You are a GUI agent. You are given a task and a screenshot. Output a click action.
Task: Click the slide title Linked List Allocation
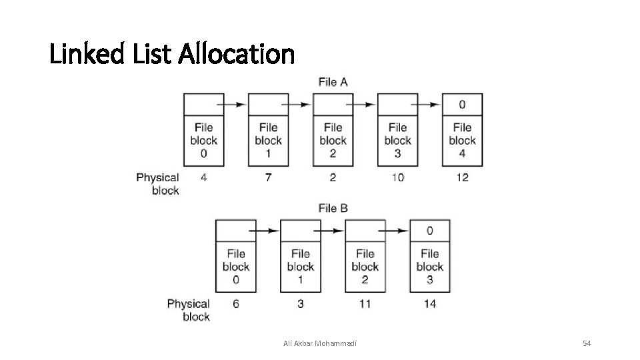pos(171,54)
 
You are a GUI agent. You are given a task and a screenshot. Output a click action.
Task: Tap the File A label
pos(333,82)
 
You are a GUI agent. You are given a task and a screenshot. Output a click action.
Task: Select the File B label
pos(333,209)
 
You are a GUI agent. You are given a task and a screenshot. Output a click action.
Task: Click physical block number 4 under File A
pos(203,177)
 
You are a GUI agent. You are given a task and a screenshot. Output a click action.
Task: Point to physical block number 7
pos(268,177)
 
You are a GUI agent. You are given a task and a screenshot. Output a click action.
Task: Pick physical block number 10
pos(397,177)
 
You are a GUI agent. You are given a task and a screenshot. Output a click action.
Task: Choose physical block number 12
pos(462,177)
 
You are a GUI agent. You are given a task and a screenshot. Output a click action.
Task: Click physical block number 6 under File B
pos(235,304)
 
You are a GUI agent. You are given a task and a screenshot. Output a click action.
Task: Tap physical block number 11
pos(365,304)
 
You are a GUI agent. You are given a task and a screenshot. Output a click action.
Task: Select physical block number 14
pos(429,304)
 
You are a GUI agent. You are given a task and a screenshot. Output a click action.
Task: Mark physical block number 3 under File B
pos(300,304)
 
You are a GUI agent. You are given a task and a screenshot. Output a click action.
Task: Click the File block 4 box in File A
pos(462,141)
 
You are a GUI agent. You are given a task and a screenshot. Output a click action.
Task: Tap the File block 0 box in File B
pos(235,267)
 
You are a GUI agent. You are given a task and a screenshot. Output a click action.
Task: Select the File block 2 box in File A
pos(333,141)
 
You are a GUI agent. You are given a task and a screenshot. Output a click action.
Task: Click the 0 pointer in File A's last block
pos(462,105)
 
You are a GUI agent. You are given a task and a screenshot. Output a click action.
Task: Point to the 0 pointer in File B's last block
pos(429,231)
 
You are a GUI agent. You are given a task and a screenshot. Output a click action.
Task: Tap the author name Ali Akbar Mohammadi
pos(319,343)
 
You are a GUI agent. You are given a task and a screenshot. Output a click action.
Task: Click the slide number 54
pos(587,343)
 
